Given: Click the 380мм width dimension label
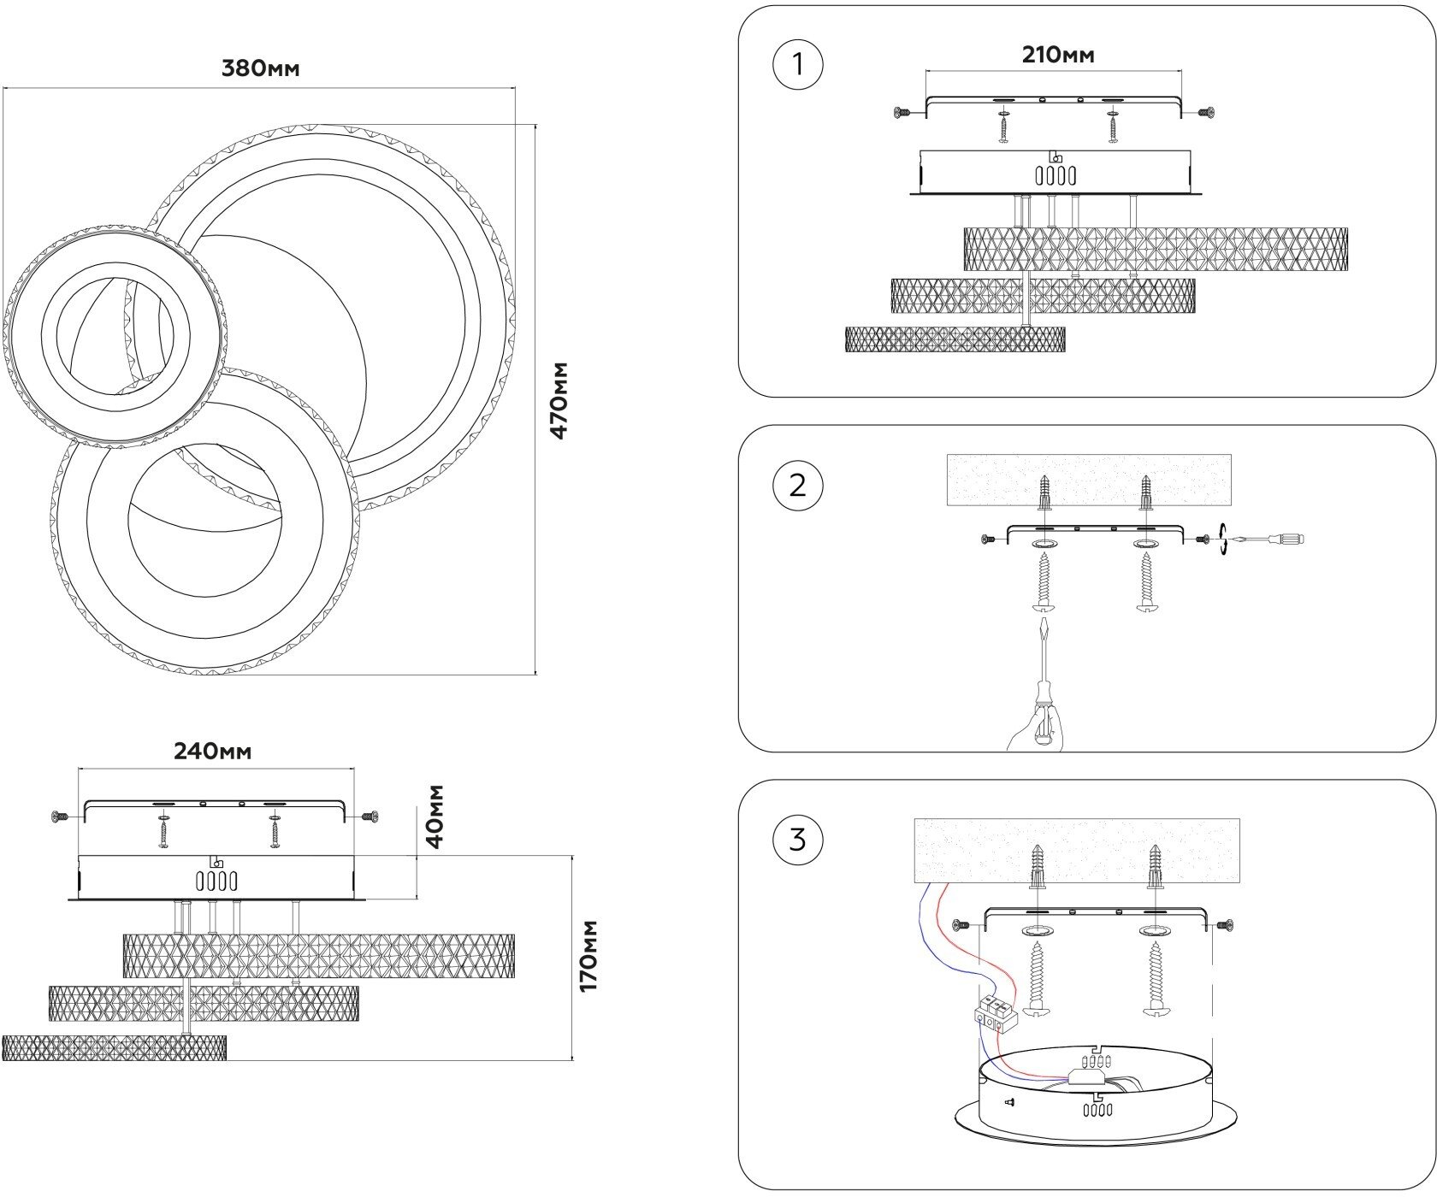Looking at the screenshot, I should [260, 69].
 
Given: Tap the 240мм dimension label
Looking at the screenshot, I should [212, 752].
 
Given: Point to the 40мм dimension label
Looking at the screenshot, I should [435, 816].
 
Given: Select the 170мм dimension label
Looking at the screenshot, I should [589, 956].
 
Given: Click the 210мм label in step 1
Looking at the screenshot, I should [1057, 56].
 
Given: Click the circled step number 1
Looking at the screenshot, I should [797, 64].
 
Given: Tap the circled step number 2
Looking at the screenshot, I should [797, 486].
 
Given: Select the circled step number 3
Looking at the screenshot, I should [797, 840].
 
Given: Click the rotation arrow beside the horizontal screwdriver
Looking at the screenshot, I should [1226, 540].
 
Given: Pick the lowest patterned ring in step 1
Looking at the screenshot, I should [955, 339].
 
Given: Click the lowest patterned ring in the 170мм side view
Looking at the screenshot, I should [114, 1047].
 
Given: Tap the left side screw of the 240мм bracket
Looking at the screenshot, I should [60, 817].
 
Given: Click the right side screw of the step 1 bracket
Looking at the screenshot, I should [1206, 112].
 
